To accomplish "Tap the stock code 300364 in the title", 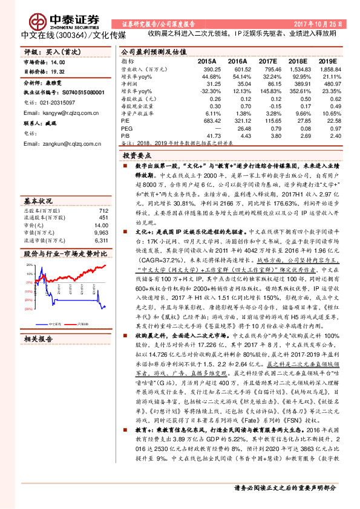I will coord(70,35).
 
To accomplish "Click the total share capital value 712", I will coord(103,210).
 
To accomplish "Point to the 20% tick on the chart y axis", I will coord(29,264).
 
